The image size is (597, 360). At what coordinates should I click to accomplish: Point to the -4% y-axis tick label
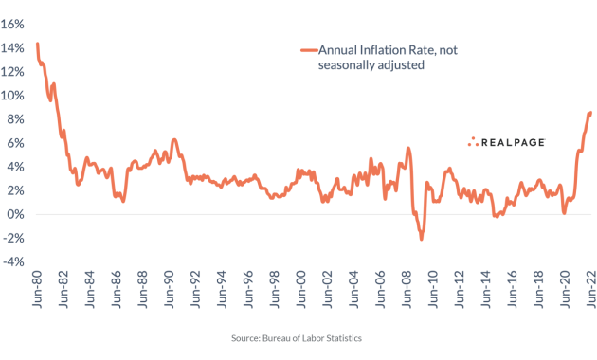(x=13, y=261)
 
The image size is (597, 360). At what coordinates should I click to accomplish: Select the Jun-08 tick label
(x=407, y=292)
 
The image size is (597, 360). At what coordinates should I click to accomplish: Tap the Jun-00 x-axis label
(x=301, y=292)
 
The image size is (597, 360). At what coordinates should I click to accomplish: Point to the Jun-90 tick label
(x=170, y=292)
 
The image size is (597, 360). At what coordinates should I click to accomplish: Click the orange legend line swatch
(x=307, y=50)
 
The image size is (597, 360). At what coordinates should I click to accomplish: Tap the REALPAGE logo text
(x=516, y=142)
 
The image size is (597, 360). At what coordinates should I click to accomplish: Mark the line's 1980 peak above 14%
(x=37, y=44)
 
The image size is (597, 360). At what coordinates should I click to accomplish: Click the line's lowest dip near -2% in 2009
(x=421, y=239)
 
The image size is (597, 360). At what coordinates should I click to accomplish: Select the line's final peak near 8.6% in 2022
(x=590, y=113)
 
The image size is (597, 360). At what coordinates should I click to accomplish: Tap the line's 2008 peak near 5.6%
(x=407, y=148)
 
